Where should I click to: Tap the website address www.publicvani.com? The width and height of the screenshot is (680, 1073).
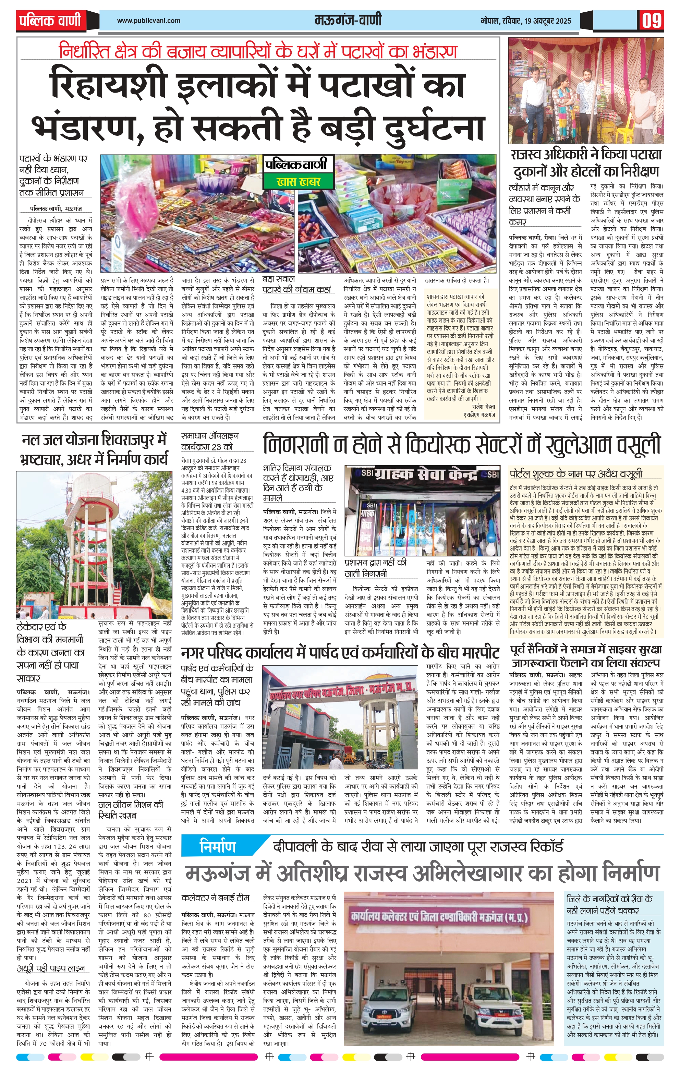[x=148, y=21]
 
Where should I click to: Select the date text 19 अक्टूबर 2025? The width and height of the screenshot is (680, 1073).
[x=548, y=21]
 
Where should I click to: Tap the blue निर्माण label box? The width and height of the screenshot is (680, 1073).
[x=217, y=846]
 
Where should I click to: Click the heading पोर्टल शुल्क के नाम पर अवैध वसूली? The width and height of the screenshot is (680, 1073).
[x=576, y=473]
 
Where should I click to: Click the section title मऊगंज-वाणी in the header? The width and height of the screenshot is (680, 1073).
[x=348, y=21]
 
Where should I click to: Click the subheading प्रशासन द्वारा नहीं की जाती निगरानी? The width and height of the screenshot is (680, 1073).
[x=376, y=568]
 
